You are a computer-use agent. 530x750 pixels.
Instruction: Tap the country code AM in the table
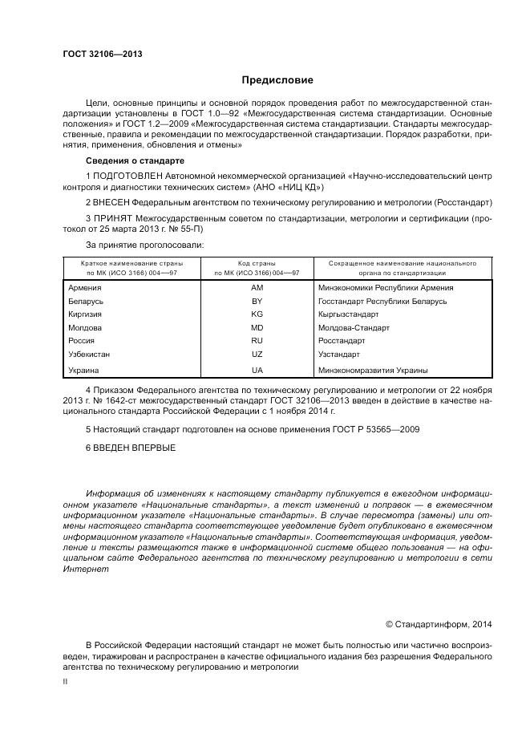pyautogui.click(x=257, y=287)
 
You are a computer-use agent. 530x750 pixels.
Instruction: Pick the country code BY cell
pyautogui.click(x=257, y=302)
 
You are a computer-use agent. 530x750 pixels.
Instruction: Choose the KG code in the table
pyautogui.click(x=257, y=314)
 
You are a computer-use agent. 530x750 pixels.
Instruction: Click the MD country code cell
pyautogui.click(x=257, y=328)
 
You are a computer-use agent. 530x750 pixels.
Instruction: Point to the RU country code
pyautogui.click(x=257, y=341)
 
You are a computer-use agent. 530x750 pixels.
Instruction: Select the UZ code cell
pyautogui.click(x=257, y=354)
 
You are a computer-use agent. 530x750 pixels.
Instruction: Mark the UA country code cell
pyautogui.click(x=257, y=371)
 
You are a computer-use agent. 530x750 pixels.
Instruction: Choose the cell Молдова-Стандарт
pyautogui.click(x=354, y=328)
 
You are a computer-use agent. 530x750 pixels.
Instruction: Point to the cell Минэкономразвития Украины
pyautogui.click(x=373, y=371)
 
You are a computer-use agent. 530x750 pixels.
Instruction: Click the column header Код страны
pyautogui.click(x=257, y=263)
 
